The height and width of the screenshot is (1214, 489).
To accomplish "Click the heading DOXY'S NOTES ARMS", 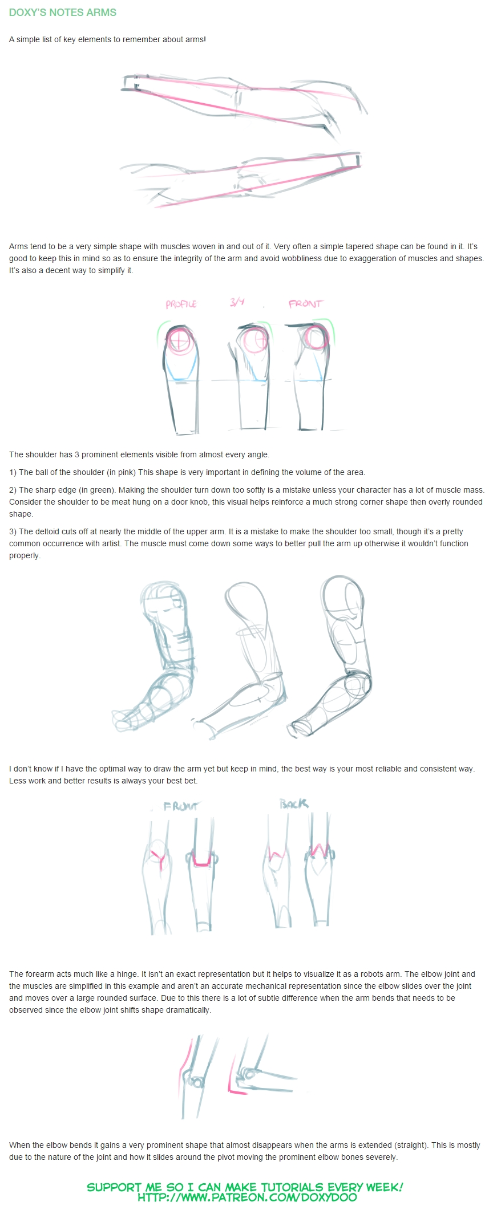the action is [x=63, y=13].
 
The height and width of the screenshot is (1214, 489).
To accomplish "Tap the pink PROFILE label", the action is [x=181, y=304].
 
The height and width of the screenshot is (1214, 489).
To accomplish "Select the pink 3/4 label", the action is [x=237, y=302].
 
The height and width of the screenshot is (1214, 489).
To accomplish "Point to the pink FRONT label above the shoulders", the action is [x=305, y=304].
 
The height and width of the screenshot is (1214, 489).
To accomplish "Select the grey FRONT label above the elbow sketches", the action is [x=180, y=806].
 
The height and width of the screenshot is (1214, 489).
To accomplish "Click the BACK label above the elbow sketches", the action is [x=294, y=803].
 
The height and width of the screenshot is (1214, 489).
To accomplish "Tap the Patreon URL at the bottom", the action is [x=247, y=1197].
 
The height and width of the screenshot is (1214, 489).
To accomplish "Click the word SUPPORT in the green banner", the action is [x=114, y=1187].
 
